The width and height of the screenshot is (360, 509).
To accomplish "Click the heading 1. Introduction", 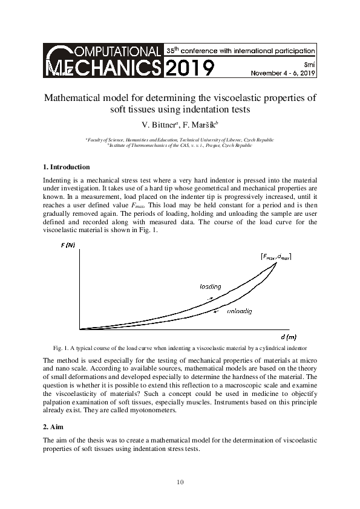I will pos(67,167).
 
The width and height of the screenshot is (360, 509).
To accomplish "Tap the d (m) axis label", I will pos(289,336).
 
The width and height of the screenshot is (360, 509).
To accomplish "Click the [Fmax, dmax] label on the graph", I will pos(276,256).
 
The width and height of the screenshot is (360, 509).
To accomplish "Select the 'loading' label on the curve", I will pos(210,286).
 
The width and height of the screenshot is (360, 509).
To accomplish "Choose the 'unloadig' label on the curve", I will pos(239,311).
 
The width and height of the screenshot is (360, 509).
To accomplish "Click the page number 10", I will pos(180,482).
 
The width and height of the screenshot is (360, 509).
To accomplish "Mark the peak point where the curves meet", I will pos(277,261).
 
